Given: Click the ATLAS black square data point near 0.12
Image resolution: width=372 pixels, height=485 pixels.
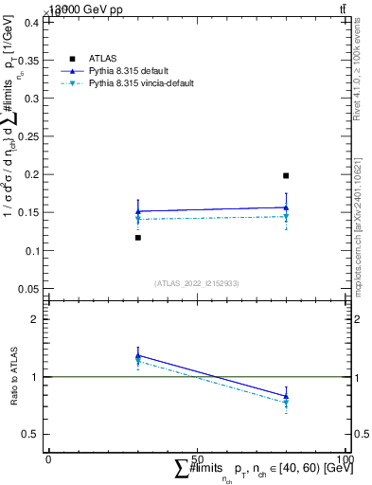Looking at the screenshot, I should (x=138, y=238).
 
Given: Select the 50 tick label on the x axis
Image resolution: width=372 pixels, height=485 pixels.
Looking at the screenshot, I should (x=197, y=458).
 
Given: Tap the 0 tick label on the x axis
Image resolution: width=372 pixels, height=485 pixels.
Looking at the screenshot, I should (x=48, y=458).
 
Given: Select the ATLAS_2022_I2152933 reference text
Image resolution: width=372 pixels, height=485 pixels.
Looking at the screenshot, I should (x=196, y=283).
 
